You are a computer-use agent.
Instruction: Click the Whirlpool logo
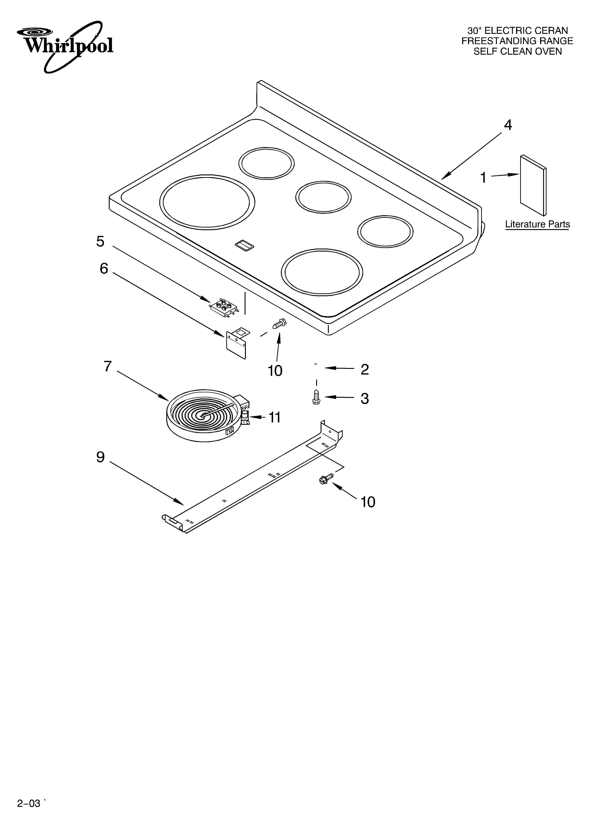pyautogui.click(x=65, y=45)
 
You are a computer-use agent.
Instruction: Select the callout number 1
pyautogui.click(x=483, y=178)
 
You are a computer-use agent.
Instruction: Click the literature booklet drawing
pyautogui.click(x=533, y=185)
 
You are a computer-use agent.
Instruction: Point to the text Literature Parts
pyautogui.click(x=537, y=224)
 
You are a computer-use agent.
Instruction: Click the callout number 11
pyautogui.click(x=275, y=418)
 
